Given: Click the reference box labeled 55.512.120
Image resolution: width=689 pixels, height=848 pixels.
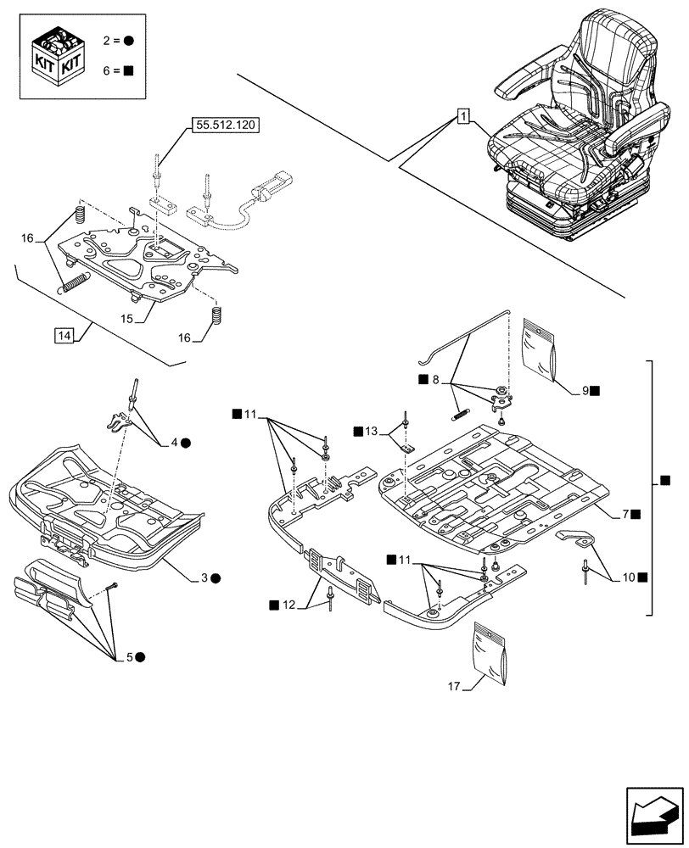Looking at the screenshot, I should click(225, 124).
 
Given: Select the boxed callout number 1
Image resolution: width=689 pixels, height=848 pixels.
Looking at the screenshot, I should click(462, 116).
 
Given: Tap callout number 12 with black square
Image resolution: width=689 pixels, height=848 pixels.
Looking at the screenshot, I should click(288, 604).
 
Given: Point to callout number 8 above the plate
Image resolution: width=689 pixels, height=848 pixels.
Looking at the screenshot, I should click(435, 381).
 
